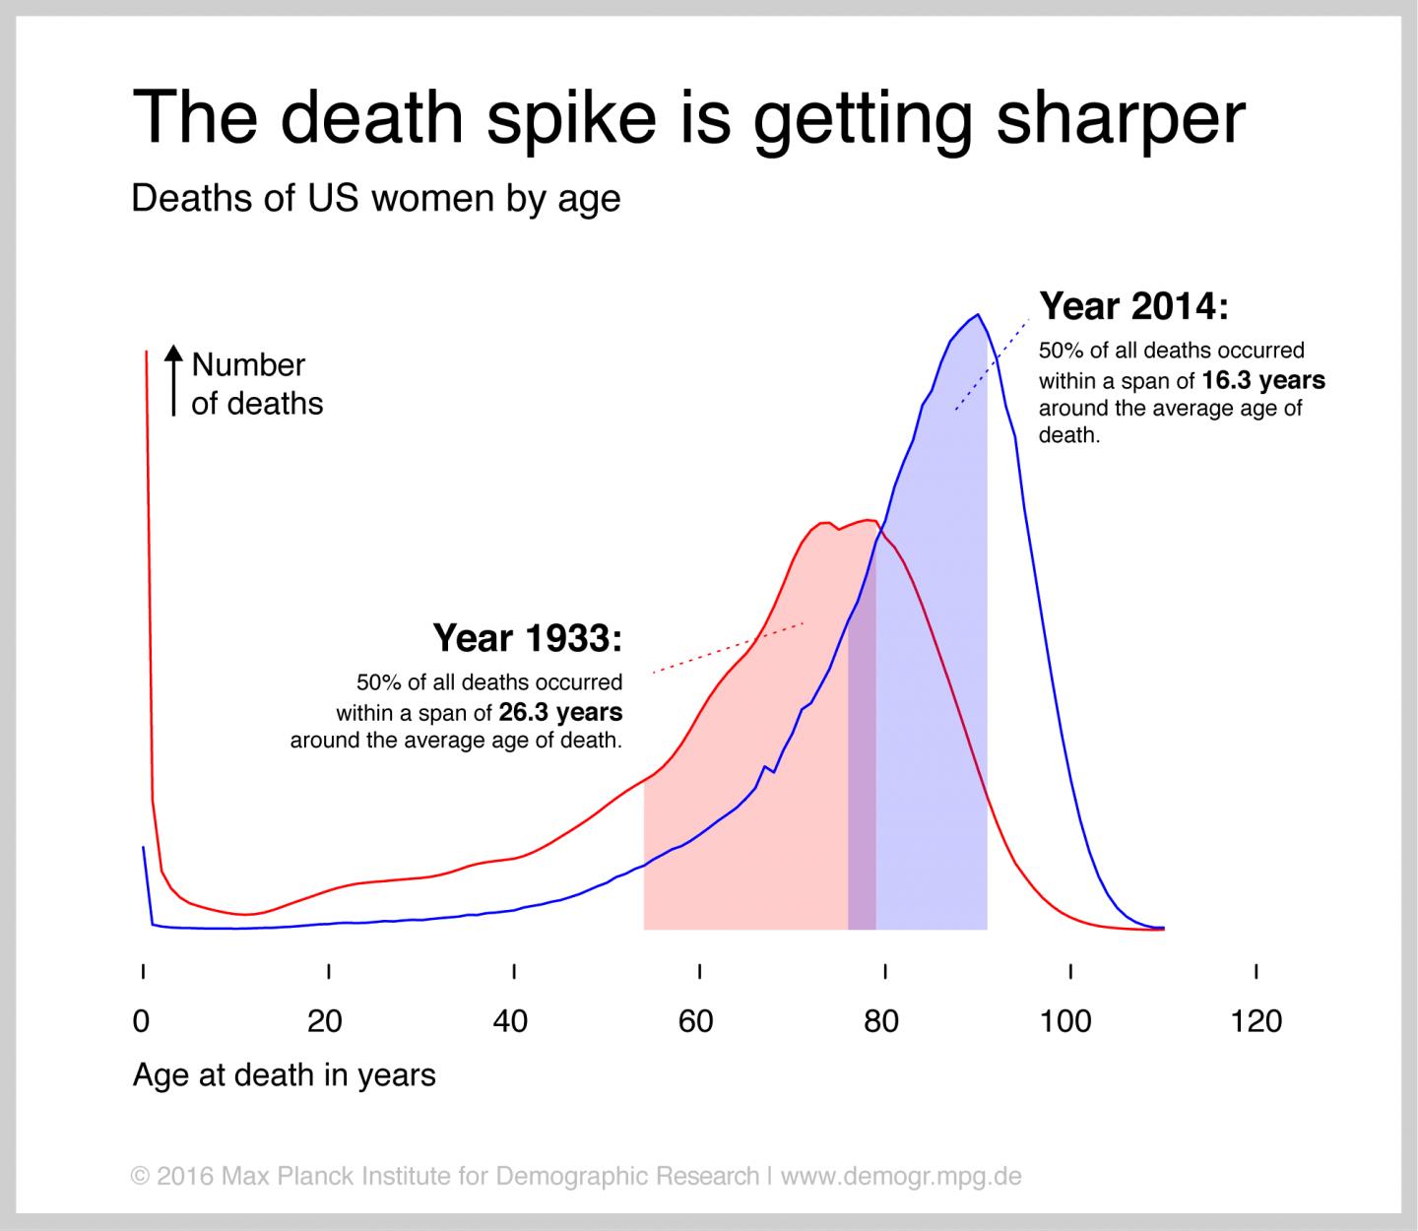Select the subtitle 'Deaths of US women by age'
375,199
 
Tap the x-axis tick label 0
142,1021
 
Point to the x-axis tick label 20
324,1021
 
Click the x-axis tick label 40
510,1021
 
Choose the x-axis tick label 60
695,1021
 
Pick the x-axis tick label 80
881,1021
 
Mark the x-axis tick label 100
1065,1021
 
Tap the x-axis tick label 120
1256,1021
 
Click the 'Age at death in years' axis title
284,1074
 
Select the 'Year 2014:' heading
1134,307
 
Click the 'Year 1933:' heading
528,639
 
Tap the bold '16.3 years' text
1263,380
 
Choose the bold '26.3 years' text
560,712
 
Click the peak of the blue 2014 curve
977,315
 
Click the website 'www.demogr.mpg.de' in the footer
901,1176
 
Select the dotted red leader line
729,647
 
